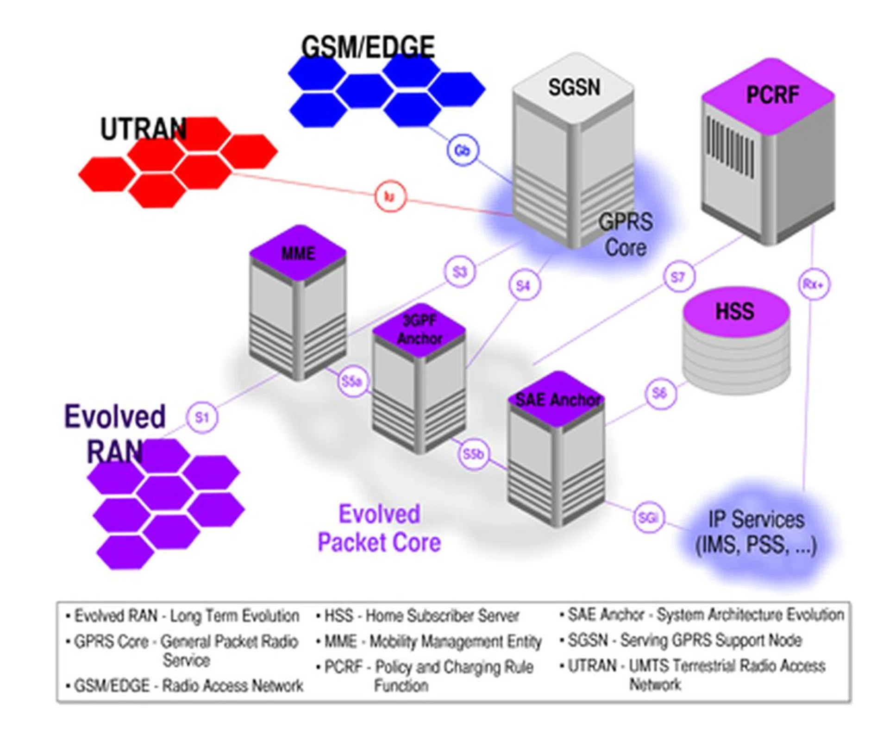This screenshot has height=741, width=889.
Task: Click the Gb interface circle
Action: [463, 150]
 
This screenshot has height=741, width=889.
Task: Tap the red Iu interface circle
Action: [390, 196]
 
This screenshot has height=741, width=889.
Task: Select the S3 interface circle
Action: [459, 272]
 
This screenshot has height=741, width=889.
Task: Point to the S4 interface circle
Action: [524, 285]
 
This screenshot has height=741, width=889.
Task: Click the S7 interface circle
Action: [678, 277]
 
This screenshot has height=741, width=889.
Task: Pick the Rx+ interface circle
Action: [814, 284]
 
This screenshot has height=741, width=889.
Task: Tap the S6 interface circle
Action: [660, 393]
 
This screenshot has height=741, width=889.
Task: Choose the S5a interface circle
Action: [352, 382]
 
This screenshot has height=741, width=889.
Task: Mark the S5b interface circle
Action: [473, 454]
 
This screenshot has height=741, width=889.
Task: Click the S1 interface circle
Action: [202, 417]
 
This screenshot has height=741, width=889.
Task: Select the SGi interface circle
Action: [648, 517]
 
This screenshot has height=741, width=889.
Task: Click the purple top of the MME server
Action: [298, 253]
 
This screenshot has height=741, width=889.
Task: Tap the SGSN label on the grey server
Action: [574, 87]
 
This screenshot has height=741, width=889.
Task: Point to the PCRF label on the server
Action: [772, 95]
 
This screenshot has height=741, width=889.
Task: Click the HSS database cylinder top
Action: [735, 311]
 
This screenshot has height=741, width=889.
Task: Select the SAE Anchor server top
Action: [557, 399]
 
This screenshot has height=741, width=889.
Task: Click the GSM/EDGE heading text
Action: [368, 47]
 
